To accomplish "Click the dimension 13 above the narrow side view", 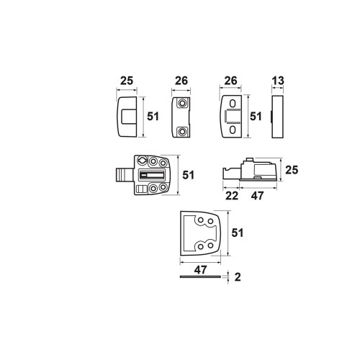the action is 278,81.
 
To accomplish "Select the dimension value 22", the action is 232,196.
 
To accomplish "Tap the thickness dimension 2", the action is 238,277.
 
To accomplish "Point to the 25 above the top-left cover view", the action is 127,81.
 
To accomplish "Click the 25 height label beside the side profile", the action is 292,170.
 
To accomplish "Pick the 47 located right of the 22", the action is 257,196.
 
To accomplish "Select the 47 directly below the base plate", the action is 200,270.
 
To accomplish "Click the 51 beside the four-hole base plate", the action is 238,233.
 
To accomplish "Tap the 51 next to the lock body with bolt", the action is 188,175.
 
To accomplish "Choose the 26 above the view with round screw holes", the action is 181,81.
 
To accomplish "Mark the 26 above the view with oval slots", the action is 230,81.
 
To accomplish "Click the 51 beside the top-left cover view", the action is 153,117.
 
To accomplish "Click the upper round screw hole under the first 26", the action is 182,103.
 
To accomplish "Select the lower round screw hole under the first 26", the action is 182,132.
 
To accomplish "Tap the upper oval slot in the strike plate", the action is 233,104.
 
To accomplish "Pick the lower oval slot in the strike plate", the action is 233,130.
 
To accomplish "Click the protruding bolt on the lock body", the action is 125,175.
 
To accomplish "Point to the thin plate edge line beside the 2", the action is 200,276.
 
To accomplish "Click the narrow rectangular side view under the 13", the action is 278,117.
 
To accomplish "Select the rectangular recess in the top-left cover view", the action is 128,117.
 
